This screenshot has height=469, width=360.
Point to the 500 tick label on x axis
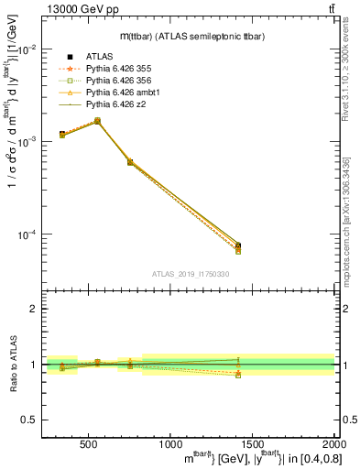click(x=90, y=444)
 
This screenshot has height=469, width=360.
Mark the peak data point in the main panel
click(x=97, y=121)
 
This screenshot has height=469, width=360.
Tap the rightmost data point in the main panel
click(x=238, y=245)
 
